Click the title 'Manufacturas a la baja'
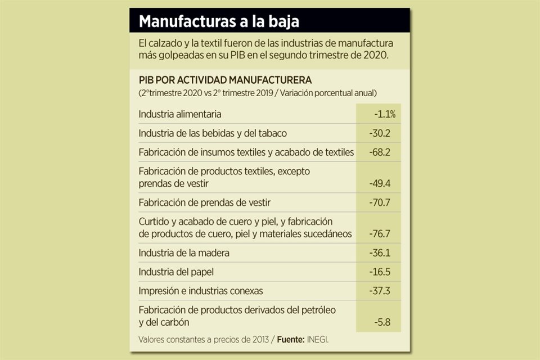[219, 21]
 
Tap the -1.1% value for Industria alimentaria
[385, 114]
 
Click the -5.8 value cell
[383, 322]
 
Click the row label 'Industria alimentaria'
[180, 114]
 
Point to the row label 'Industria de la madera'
[184, 253]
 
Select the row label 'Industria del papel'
[176, 272]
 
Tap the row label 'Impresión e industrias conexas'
[201, 291]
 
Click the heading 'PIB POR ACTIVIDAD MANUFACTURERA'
[225, 80]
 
